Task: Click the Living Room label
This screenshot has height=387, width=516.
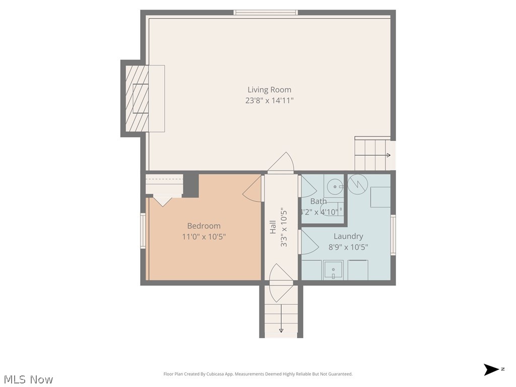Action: (269, 90)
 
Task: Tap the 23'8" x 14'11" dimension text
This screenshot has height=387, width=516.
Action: (269, 101)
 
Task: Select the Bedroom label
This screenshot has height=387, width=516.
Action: (204, 226)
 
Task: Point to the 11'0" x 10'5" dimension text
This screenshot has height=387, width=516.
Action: (204, 236)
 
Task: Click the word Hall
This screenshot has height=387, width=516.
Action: (273, 227)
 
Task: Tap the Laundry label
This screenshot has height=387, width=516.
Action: (348, 236)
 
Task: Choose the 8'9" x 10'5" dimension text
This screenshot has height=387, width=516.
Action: (348, 247)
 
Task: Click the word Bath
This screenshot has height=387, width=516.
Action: (318, 201)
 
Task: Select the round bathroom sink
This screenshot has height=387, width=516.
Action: (334, 187)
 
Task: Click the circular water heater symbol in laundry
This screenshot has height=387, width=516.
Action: (358, 184)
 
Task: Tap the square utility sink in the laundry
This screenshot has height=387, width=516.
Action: (333, 270)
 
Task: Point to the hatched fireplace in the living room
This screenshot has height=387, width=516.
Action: (137, 98)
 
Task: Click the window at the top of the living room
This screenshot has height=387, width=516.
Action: (266, 12)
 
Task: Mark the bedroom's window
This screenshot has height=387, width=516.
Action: (143, 231)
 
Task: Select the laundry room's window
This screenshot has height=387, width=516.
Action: (393, 234)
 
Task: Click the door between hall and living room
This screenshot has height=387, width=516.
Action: (281, 163)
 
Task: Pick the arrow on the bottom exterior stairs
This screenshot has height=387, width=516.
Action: (281, 330)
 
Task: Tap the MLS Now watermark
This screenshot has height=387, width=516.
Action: (28, 379)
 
